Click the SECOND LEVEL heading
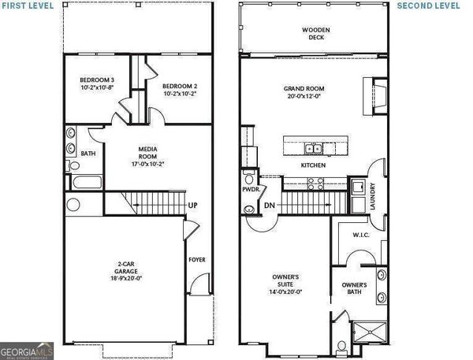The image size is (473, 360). pyautogui.click(x=427, y=6)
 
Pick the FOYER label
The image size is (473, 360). pyautogui.click(x=197, y=259)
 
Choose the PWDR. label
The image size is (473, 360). pyautogui.click(x=251, y=189)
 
